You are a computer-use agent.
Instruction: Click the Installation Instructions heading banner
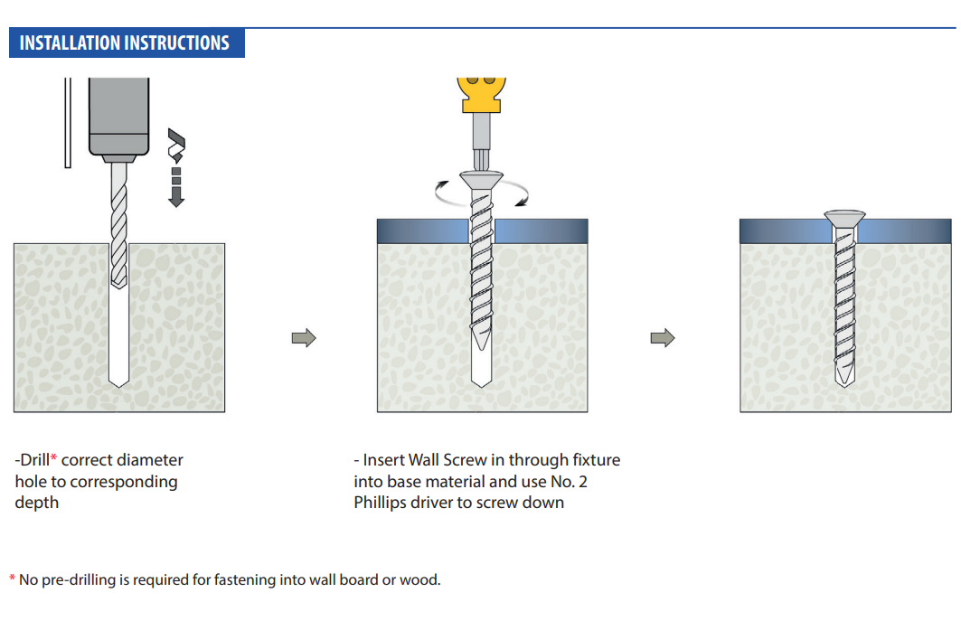[x=127, y=42]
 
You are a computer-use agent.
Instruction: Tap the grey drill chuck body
[x=119, y=116]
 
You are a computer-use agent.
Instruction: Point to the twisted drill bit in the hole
[x=119, y=224]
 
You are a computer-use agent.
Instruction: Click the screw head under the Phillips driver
[x=482, y=181]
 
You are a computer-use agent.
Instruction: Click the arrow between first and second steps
[x=304, y=338]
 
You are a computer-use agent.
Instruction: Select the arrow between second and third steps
[x=663, y=338]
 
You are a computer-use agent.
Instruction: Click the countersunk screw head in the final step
[x=844, y=218]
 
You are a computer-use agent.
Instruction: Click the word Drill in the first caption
[x=34, y=460]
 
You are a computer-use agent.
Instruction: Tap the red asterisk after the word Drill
[x=54, y=457]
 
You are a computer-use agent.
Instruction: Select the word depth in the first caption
[x=37, y=503]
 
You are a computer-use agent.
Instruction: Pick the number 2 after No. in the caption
[x=583, y=482]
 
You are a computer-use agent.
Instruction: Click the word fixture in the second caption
[x=597, y=460]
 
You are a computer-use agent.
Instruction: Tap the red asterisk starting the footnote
[x=13, y=579]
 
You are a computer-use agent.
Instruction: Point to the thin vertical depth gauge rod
[x=68, y=123]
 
